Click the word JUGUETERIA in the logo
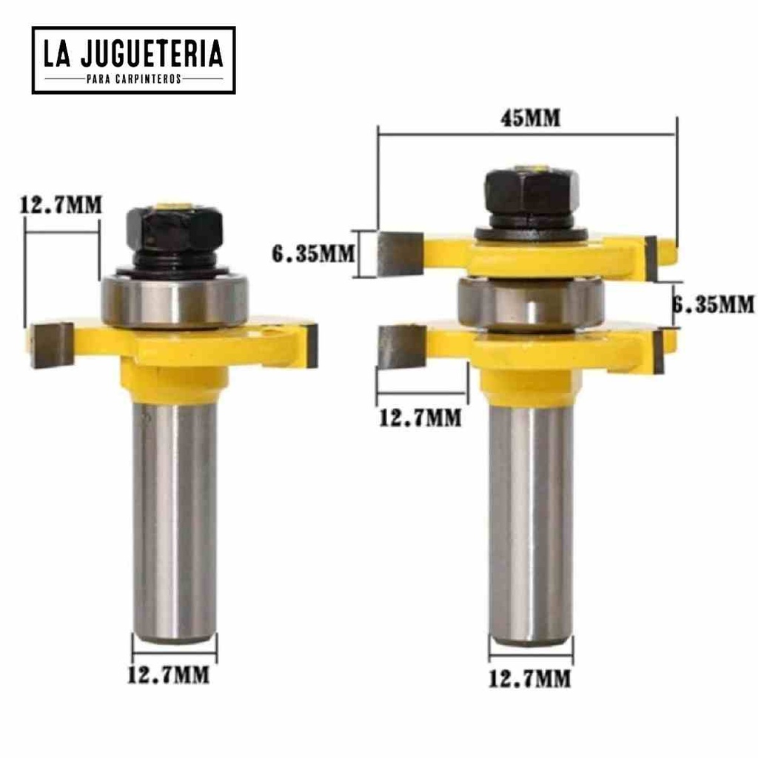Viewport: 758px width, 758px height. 152,53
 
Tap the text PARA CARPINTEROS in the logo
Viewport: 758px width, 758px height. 134,78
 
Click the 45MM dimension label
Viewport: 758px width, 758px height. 530,118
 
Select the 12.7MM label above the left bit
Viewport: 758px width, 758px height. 61,205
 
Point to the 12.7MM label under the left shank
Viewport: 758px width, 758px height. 169,675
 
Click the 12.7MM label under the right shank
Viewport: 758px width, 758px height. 530,679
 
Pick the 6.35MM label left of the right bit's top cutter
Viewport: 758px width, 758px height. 313,254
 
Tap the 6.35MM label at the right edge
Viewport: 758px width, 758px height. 714,304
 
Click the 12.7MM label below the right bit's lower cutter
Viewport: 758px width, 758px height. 420,417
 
